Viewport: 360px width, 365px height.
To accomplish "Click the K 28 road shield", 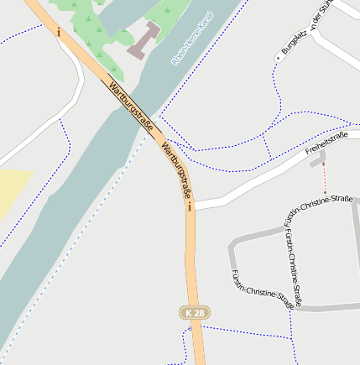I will click(195, 312).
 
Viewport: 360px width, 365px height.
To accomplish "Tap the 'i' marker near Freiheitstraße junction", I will click(190, 206).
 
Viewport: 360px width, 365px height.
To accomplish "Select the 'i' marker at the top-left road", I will click(59, 32).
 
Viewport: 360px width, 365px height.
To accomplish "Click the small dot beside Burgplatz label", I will click(278, 58).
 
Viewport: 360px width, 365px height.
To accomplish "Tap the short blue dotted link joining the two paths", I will click(266, 147).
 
